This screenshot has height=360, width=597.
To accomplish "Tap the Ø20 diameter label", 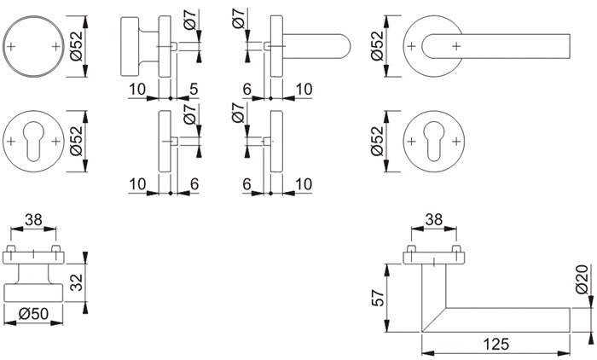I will [x=582, y=281].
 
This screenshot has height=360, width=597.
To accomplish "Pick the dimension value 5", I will [x=194, y=89].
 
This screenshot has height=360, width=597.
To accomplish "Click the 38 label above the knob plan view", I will [x=32, y=220].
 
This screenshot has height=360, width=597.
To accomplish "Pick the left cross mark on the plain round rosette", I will [x=14, y=44].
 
